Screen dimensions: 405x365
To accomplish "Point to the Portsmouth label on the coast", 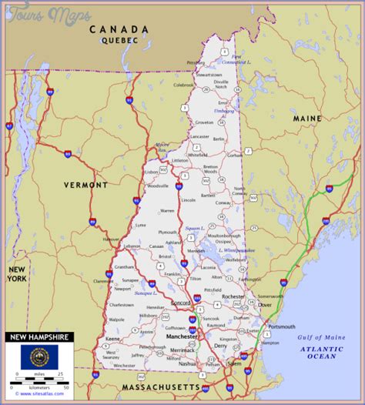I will [281, 326].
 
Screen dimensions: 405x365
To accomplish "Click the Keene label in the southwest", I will [113, 339].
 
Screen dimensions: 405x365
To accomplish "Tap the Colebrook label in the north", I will [183, 85].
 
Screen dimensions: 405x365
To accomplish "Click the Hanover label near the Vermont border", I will [112, 239].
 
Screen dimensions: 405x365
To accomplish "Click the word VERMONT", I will [85, 186].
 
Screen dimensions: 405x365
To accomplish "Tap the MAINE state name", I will [306, 119].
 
